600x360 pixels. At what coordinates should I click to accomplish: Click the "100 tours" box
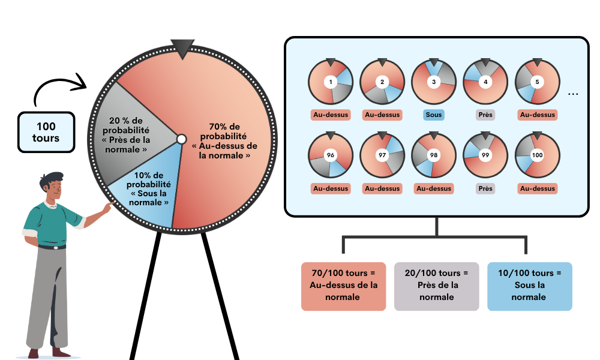(x=46, y=132)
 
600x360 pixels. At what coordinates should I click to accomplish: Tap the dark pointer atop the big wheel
(x=182, y=49)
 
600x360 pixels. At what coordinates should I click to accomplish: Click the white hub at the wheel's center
(x=181, y=139)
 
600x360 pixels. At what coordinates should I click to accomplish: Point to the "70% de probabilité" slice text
(x=225, y=142)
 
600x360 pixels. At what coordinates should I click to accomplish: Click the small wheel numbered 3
(x=434, y=82)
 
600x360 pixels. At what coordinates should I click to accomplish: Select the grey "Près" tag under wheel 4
(x=485, y=115)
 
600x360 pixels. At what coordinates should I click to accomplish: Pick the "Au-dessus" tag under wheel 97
(x=382, y=188)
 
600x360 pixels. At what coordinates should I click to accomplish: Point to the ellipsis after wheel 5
(x=573, y=94)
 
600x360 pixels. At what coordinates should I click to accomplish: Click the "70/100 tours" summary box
(x=343, y=286)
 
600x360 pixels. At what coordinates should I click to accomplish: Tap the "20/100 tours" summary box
(x=436, y=286)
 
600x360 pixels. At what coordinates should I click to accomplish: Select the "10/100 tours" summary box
(x=529, y=286)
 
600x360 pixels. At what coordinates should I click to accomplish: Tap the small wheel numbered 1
(x=331, y=82)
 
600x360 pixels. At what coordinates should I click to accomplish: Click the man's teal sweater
(x=51, y=225)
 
